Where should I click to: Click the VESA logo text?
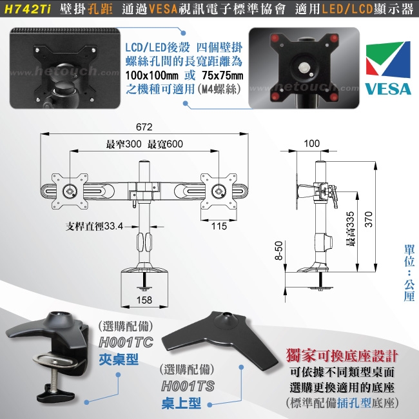pyautogui.click(x=388, y=89)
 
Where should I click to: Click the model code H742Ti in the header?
pyautogui.click(x=28, y=10)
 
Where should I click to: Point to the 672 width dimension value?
pyautogui.click(x=144, y=127)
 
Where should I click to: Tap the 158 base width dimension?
pyautogui.click(x=144, y=300)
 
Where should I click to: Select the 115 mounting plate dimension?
pyautogui.click(x=219, y=226)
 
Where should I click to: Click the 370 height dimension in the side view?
pyautogui.click(x=369, y=219)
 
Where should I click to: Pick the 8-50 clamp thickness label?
pyautogui.click(x=278, y=250)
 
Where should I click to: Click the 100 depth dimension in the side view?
pyautogui.click(x=312, y=144)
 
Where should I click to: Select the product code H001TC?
pyautogui.click(x=126, y=342)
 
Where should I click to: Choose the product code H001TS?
pyautogui.click(x=188, y=386)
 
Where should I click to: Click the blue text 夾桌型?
pyautogui.click(x=119, y=360)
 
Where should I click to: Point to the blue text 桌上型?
pyautogui.click(x=181, y=404)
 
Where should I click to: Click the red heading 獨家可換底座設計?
pyautogui.click(x=342, y=356)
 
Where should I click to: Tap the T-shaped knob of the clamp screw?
pyautogui.click(x=55, y=395)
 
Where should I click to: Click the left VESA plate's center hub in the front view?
pyautogui.click(x=70, y=191)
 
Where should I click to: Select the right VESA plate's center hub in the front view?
pyautogui.click(x=219, y=191)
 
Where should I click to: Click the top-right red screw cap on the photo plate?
pyautogui.click(x=334, y=38)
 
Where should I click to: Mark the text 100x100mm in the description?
pyautogui.click(x=151, y=75)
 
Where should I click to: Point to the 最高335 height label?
pyautogui.click(x=350, y=229)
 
